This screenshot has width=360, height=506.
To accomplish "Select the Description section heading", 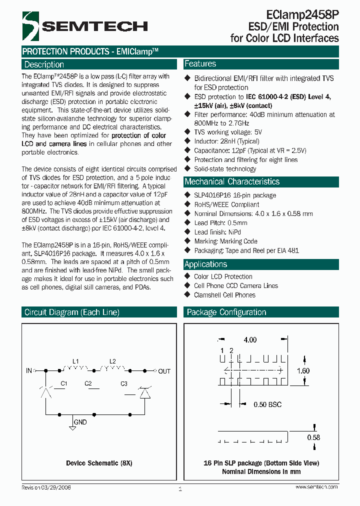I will coord(44,64).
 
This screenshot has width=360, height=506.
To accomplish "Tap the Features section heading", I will coord(200,64).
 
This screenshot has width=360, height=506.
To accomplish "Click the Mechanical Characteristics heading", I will coord(231,181).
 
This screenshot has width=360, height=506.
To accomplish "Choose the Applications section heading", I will coord(205,264).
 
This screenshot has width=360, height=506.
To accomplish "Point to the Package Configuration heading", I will coord(226,312).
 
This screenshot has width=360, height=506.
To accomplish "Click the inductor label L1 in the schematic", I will coord(75,361).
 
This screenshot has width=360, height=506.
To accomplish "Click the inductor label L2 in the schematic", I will coord(112,361).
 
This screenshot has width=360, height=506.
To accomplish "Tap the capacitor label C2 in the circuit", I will coord(88,383).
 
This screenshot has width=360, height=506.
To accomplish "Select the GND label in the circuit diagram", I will coord(80,422).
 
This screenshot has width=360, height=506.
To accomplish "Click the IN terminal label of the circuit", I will coord(28,371).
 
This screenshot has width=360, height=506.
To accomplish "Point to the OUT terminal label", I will coord(164,371).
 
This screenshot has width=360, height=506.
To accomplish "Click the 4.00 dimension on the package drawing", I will coord(250,340).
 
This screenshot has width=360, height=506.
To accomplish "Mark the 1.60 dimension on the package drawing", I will coord(303,371).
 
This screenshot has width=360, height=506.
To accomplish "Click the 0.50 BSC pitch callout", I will coord(267,404).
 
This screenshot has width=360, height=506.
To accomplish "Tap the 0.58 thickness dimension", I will coord(313,437).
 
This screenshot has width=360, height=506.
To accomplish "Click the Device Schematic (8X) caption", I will coord(99,463).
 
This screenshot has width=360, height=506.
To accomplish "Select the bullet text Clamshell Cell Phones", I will coord(224,295).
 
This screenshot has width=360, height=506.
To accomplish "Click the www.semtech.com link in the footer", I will coord(316,487).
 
